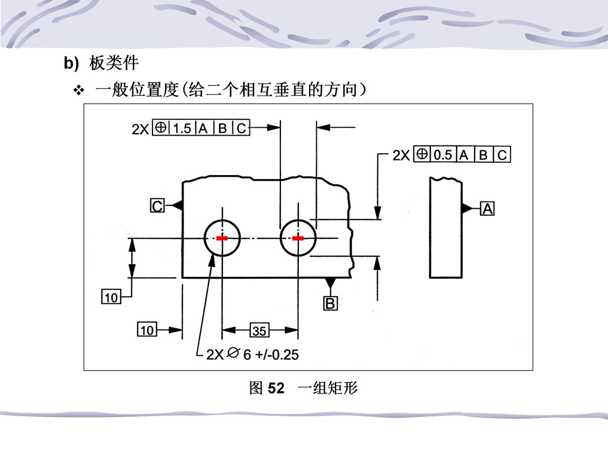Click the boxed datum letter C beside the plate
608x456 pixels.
(x=158, y=205)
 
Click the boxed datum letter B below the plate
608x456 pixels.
(x=330, y=303)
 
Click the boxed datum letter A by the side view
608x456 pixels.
(x=488, y=209)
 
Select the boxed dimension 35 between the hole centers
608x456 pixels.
(x=260, y=330)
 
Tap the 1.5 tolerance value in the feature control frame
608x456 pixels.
(x=182, y=128)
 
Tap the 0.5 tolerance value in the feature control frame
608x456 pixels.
(x=443, y=155)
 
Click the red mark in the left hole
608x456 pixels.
(x=222, y=238)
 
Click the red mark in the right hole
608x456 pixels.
(x=298, y=238)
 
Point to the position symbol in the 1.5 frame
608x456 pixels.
(x=160, y=127)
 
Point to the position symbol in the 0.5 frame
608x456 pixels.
(x=422, y=154)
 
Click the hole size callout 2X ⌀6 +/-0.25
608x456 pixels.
(x=252, y=355)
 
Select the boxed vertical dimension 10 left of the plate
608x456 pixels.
(x=111, y=297)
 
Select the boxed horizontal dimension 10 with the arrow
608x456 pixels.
(x=147, y=329)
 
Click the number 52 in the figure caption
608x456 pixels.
(x=276, y=388)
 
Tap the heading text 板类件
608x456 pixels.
(x=114, y=63)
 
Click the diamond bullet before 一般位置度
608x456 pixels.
(x=79, y=91)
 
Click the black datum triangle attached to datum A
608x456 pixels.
(x=467, y=208)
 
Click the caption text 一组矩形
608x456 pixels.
(x=328, y=388)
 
